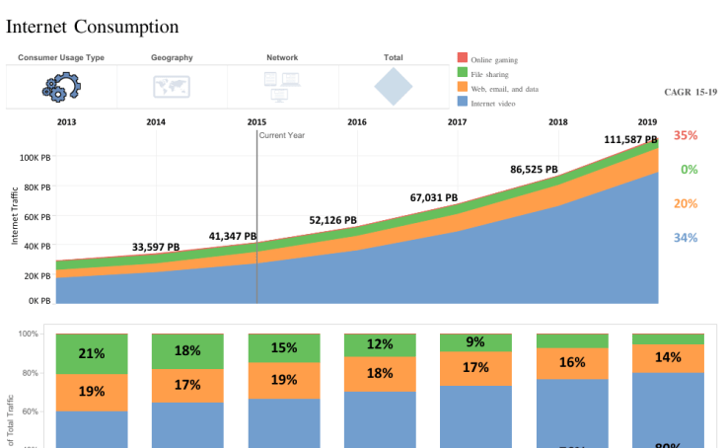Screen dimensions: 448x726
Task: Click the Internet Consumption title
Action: (x=93, y=27)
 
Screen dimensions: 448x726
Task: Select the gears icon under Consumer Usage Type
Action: (x=61, y=87)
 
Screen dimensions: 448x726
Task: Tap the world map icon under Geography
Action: (x=172, y=87)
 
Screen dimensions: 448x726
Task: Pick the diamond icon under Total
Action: (x=393, y=87)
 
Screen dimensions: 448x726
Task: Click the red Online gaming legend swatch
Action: (x=462, y=59)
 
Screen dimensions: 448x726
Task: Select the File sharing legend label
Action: (x=489, y=74)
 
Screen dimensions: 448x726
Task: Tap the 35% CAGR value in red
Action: (x=686, y=135)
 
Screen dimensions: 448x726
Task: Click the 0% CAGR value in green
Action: (x=689, y=170)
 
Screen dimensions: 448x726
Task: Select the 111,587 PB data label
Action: (x=637, y=140)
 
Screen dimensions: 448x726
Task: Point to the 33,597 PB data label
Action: (x=156, y=248)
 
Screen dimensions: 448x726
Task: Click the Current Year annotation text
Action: (x=282, y=135)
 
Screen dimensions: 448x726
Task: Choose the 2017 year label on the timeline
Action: (x=457, y=122)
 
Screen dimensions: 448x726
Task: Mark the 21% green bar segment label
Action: (x=92, y=353)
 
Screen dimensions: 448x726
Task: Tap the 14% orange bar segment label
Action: (x=668, y=357)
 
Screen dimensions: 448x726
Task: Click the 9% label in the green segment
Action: (x=475, y=342)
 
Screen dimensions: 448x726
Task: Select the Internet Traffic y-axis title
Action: (x=15, y=216)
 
